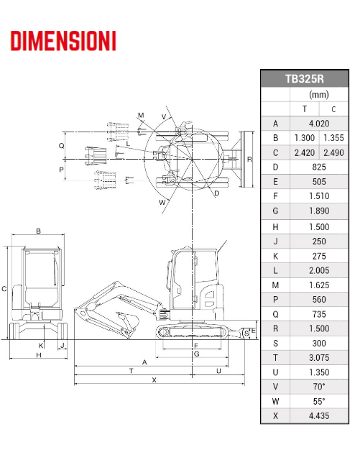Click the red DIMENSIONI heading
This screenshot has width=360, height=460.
tap(63, 42)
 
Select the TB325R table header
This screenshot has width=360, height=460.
tap(305, 79)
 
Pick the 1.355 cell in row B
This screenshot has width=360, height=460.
tap(333, 138)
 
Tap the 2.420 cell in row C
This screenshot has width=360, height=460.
tap(304, 152)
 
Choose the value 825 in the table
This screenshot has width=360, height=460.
tap(319, 167)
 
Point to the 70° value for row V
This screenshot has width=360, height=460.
tap(319, 386)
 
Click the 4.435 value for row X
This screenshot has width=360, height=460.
tap(319, 415)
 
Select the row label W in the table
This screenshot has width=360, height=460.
tap(275, 401)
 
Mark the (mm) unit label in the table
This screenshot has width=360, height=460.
tap(319, 94)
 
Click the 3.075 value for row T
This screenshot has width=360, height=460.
tap(319, 357)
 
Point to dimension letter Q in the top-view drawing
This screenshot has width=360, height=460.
tap(61, 145)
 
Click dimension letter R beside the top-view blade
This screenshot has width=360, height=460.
tap(249, 159)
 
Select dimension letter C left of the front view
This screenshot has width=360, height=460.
tap(4, 289)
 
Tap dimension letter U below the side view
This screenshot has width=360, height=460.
tap(218, 371)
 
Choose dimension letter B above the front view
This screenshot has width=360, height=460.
tap(38, 231)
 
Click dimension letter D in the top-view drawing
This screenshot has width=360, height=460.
tap(216, 193)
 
